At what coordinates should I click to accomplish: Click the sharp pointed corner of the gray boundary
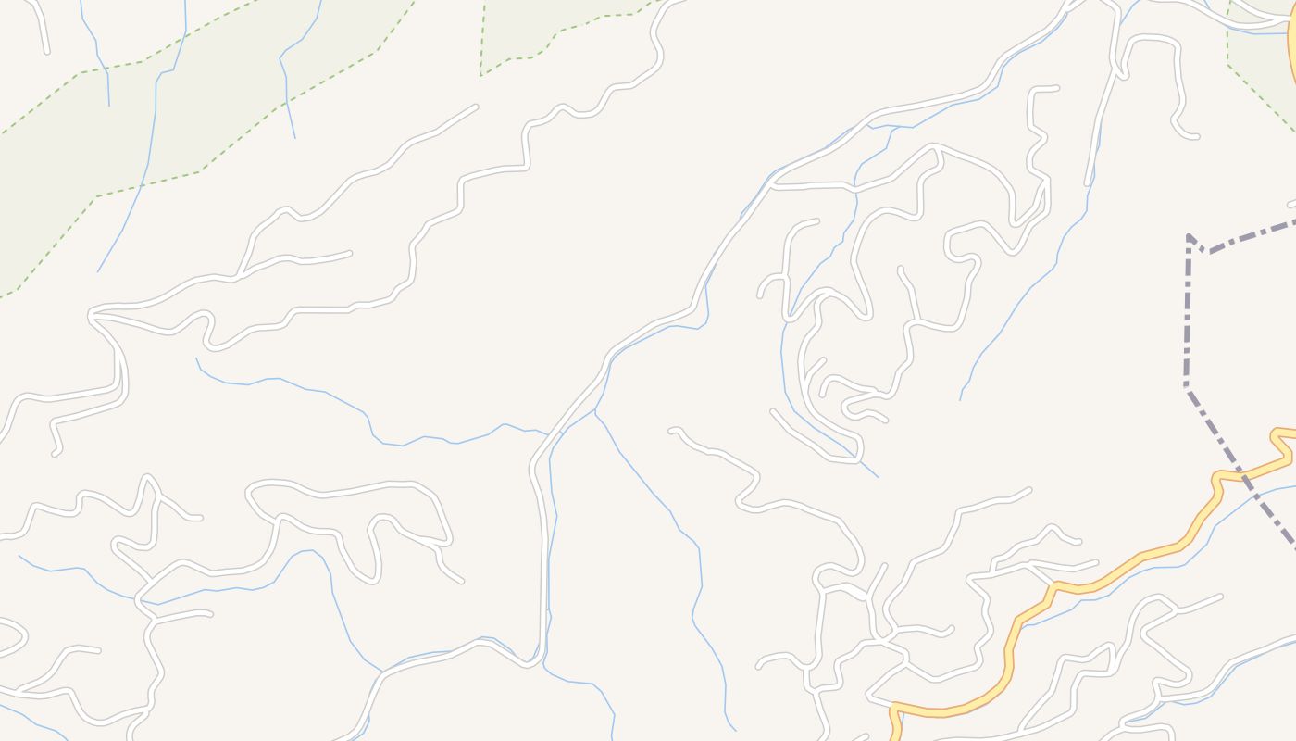click(1190, 237)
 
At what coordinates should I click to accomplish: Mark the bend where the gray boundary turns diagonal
click(1187, 385)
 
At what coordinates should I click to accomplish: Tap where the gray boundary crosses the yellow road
click(1239, 474)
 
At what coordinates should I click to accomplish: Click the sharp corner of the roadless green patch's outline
click(481, 74)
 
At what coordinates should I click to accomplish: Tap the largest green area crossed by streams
click(139, 120)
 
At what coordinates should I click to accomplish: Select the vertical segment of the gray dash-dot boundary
click(1188, 315)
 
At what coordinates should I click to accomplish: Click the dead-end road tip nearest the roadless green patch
click(476, 107)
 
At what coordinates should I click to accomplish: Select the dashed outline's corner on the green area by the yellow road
click(1228, 63)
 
